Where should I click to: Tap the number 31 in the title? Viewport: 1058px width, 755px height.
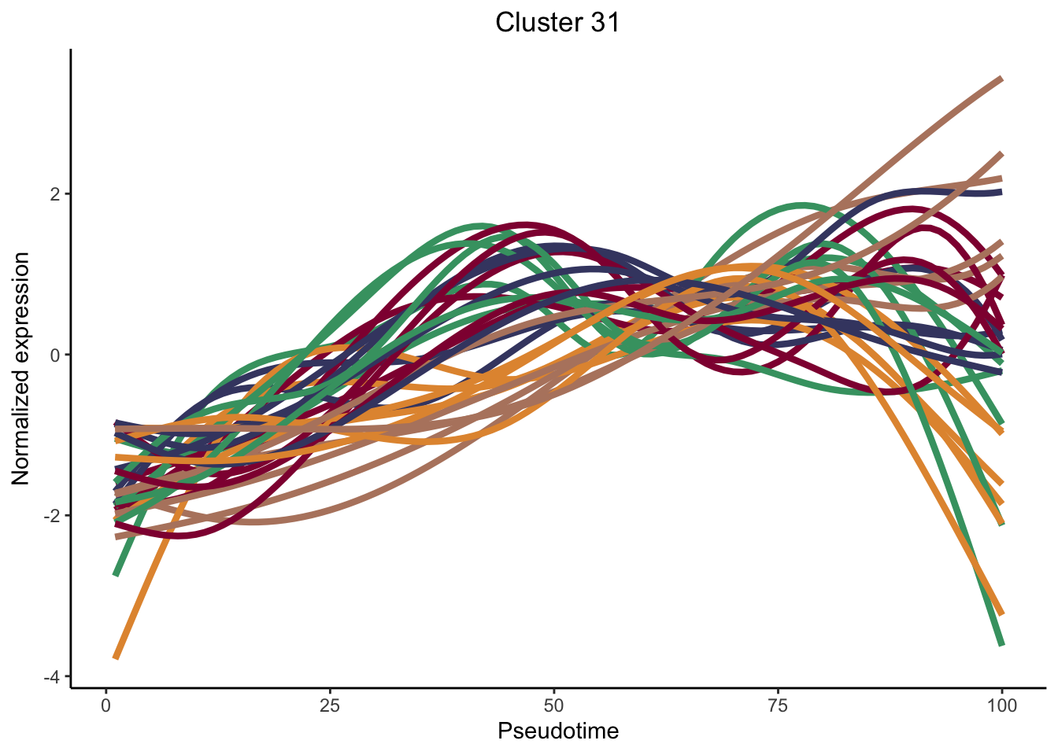pos(601,23)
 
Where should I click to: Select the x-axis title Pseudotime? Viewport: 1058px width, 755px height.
pos(558,731)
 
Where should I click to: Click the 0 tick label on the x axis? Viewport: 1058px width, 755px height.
pos(105,705)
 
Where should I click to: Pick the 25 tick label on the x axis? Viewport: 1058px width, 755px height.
pos(330,705)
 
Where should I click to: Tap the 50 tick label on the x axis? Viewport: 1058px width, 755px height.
pos(554,705)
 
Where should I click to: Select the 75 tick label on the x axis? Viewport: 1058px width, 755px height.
pos(778,705)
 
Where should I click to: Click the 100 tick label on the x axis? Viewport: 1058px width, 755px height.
pos(1001,705)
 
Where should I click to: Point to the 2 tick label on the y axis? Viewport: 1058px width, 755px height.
pos(55,194)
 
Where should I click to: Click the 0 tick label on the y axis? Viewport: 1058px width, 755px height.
pos(55,355)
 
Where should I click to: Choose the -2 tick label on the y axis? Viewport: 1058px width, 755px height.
pos(52,516)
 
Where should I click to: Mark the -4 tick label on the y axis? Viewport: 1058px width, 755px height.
pos(52,676)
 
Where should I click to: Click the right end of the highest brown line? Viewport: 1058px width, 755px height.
pos(1001,79)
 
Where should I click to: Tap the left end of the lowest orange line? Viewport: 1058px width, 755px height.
pos(116,657)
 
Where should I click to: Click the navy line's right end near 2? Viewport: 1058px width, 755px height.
pos(1001,191)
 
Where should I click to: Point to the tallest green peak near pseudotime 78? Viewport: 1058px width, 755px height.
pos(801,205)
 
